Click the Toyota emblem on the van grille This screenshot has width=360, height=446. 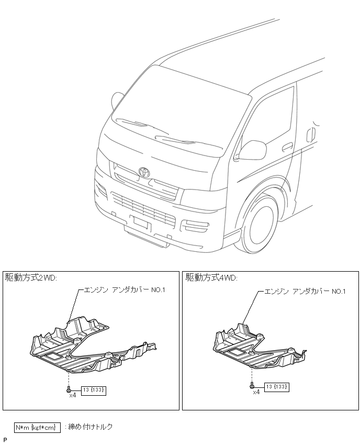pyautogui.click(x=144, y=172)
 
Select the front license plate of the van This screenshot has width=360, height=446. pyautogui.click(x=141, y=224)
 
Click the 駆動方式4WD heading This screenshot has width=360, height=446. pyautogui.click(x=211, y=277)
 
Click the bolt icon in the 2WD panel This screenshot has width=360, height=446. pyautogui.click(x=69, y=389)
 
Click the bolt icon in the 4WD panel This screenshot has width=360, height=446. pyautogui.click(x=252, y=386)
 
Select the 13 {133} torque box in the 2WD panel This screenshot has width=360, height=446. pyautogui.click(x=93, y=390)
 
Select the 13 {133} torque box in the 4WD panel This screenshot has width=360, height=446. pyautogui.click(x=276, y=387)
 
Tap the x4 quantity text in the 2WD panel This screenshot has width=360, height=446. pyautogui.click(x=72, y=396)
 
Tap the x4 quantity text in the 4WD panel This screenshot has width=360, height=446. pyautogui.click(x=256, y=392)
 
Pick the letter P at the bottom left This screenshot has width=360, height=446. pyautogui.click(x=5, y=439)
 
